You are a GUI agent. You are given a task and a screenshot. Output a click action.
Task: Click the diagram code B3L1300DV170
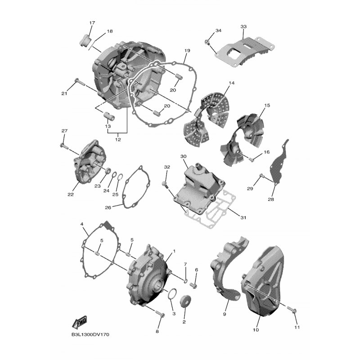pyautogui.click(x=90, y=334)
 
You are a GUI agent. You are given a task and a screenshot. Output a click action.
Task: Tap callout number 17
pyautogui.click(x=92, y=23)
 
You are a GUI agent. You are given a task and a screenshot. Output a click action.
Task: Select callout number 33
pyautogui.click(x=243, y=27)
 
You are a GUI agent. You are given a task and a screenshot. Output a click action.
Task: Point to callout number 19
pyautogui.click(x=187, y=50)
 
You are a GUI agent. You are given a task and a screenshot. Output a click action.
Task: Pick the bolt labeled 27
pyautogui.click(x=64, y=146)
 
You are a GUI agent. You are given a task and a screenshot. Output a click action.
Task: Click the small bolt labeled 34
pyautogui.click(x=207, y=42)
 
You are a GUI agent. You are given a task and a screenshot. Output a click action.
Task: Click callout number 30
pyautogui.click(x=183, y=156)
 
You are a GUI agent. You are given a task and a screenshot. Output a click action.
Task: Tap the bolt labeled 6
pyautogui.click(x=193, y=286)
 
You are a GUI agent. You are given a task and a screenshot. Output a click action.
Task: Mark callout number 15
pyautogui.click(x=267, y=105)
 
